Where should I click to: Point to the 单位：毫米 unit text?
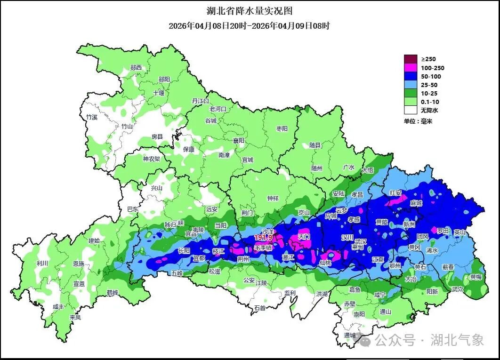click(x=418, y=121)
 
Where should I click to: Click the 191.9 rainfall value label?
click(x=264, y=238)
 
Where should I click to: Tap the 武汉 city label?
click(x=361, y=241)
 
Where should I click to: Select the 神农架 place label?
click(x=152, y=159)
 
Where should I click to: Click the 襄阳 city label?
click(x=239, y=140)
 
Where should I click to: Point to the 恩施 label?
click(x=79, y=264)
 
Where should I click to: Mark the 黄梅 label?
click(x=476, y=277)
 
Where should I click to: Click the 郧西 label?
click(x=136, y=68)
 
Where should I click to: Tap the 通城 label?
click(x=350, y=336)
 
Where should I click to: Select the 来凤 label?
click(x=75, y=318)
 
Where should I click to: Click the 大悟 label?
click(x=368, y=170)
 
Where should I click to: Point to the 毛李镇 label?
click(x=263, y=248)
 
